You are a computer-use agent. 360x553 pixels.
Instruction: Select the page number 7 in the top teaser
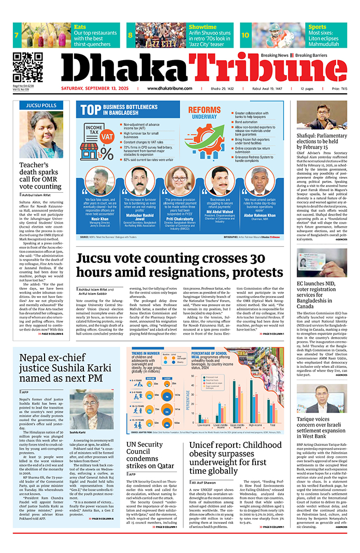17,35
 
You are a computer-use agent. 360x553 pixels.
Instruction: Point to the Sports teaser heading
318,27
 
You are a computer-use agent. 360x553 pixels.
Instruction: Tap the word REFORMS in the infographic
205,110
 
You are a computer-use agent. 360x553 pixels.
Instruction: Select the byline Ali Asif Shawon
206,482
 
